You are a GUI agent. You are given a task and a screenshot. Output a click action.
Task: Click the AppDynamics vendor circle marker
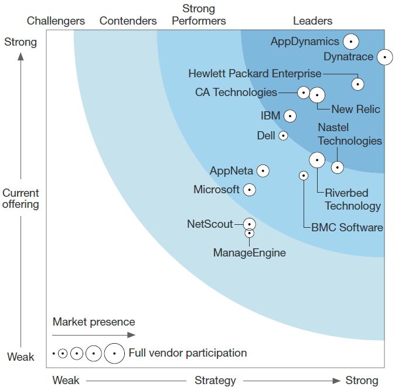point(350,42)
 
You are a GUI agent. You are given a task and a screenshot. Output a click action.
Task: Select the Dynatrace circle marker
point(384,57)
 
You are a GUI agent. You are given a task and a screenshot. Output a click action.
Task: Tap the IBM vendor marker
point(290,116)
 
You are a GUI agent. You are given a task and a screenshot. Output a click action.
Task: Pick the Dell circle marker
point(283,136)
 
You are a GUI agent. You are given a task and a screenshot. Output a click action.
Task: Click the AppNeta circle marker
point(263,171)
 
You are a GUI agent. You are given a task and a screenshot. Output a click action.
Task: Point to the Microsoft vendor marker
point(249,190)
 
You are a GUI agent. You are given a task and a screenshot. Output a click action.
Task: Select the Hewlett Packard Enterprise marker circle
point(357,84)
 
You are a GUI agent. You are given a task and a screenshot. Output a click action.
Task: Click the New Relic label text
point(355,110)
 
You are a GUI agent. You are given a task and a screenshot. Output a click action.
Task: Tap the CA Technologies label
point(236,93)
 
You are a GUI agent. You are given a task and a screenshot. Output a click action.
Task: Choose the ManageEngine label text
point(249,253)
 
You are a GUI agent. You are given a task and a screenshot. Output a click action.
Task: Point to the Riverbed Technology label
point(353,200)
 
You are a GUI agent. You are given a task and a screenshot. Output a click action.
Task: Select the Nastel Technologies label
point(350,134)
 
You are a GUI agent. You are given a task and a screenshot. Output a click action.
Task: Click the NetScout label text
point(210,224)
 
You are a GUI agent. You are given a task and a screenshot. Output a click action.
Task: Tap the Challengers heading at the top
point(56,21)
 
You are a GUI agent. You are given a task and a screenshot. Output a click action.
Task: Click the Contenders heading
point(128,21)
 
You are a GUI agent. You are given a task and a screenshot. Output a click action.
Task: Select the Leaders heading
point(312,21)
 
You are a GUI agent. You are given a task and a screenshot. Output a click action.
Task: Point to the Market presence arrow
point(94,335)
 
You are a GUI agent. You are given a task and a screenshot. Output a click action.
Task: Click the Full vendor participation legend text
point(188,353)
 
